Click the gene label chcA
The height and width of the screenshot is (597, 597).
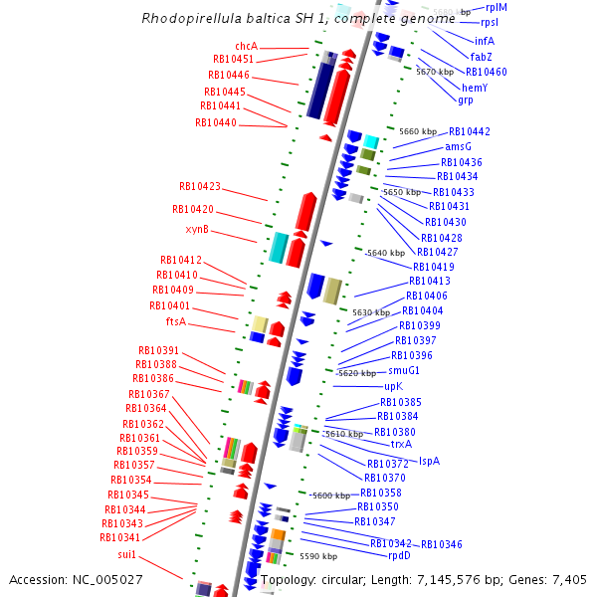(x=246, y=46)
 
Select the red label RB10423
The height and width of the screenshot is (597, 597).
(x=200, y=186)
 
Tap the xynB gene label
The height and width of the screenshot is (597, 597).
(x=197, y=230)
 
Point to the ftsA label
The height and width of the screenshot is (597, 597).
(x=175, y=322)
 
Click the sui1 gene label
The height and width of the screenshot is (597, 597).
(x=126, y=554)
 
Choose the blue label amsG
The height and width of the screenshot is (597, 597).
(x=458, y=147)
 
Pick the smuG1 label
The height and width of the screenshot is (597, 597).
(x=404, y=370)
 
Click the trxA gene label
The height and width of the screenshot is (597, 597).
(x=401, y=445)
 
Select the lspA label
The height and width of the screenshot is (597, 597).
(x=429, y=461)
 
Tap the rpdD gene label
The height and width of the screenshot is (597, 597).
(x=398, y=556)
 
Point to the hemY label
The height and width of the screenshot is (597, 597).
(x=475, y=88)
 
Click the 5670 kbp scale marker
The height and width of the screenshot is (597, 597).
(x=435, y=72)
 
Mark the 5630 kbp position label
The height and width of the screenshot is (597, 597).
(x=371, y=312)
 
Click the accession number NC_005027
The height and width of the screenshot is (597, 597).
(x=76, y=579)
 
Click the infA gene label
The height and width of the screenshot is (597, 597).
(x=484, y=41)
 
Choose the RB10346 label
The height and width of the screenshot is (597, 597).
(x=442, y=544)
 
